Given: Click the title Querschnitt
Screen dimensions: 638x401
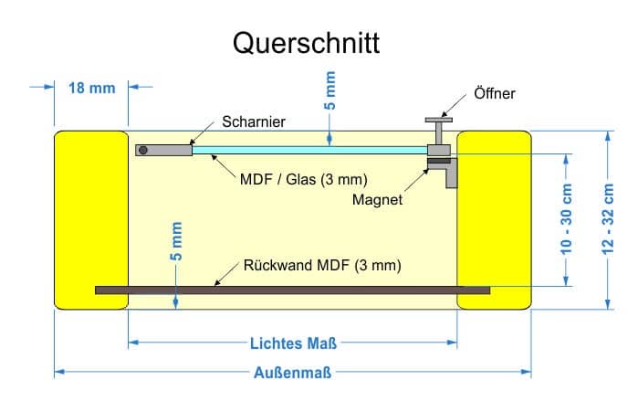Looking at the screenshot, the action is pyautogui.click(x=306, y=43).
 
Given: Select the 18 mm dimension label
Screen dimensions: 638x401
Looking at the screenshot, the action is pyautogui.click(x=92, y=88).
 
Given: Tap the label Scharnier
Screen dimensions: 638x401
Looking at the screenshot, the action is pyautogui.click(x=254, y=121).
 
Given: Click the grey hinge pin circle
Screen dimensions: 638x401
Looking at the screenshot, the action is pyautogui.click(x=142, y=150).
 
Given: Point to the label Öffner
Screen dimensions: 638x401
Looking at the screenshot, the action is pyautogui.click(x=495, y=93).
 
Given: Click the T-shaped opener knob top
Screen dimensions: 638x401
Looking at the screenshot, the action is pyautogui.click(x=439, y=120).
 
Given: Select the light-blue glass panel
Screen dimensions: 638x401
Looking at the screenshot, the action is pyautogui.click(x=309, y=150).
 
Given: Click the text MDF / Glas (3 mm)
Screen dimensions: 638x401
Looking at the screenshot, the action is pyautogui.click(x=304, y=179).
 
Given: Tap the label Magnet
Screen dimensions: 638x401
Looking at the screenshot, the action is pyautogui.click(x=377, y=199).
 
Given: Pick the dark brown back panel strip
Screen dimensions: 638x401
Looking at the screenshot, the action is pyautogui.click(x=293, y=290).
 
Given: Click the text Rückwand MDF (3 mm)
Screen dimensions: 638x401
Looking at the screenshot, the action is pyautogui.click(x=322, y=266).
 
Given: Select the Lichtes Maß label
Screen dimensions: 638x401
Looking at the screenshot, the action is pyautogui.click(x=293, y=343).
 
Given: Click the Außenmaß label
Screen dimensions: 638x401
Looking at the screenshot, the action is pyautogui.click(x=293, y=373).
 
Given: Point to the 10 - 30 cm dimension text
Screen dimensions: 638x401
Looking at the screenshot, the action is pyautogui.click(x=566, y=219).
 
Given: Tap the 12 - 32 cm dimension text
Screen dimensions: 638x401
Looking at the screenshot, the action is pyautogui.click(x=608, y=219).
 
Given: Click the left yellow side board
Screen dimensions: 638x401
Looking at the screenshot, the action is pyautogui.click(x=91, y=220).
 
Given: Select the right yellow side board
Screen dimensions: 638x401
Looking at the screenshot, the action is pyautogui.click(x=494, y=220).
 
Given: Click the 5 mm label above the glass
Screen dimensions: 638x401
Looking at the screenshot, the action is pyautogui.click(x=329, y=90).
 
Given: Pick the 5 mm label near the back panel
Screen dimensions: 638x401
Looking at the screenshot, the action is pyautogui.click(x=176, y=241).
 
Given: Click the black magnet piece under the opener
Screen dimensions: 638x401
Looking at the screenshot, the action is pyautogui.click(x=439, y=161).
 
